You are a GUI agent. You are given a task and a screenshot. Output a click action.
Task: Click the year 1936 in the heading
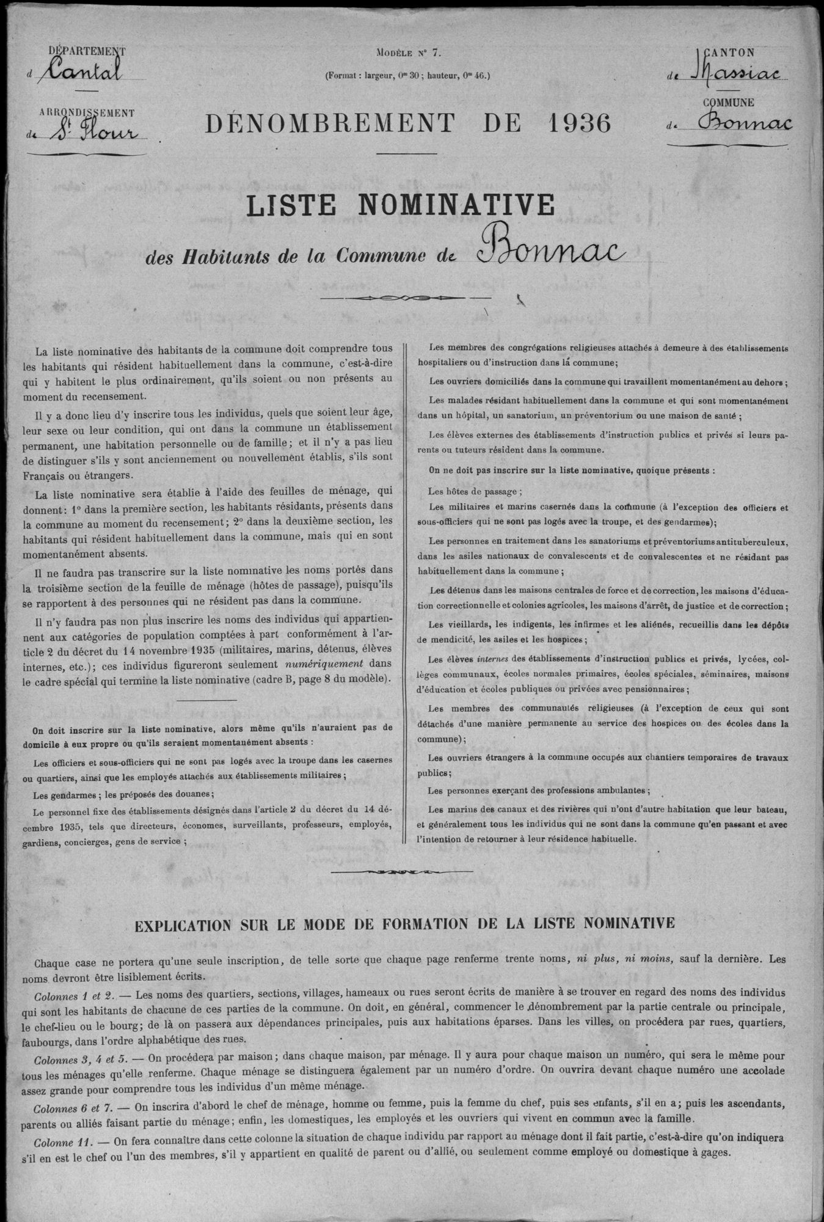[580, 123]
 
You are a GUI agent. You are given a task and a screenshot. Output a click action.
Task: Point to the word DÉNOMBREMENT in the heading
[330, 123]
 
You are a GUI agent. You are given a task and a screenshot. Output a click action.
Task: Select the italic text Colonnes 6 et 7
[72, 1105]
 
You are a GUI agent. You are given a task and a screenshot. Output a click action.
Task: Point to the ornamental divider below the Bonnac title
[406, 298]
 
